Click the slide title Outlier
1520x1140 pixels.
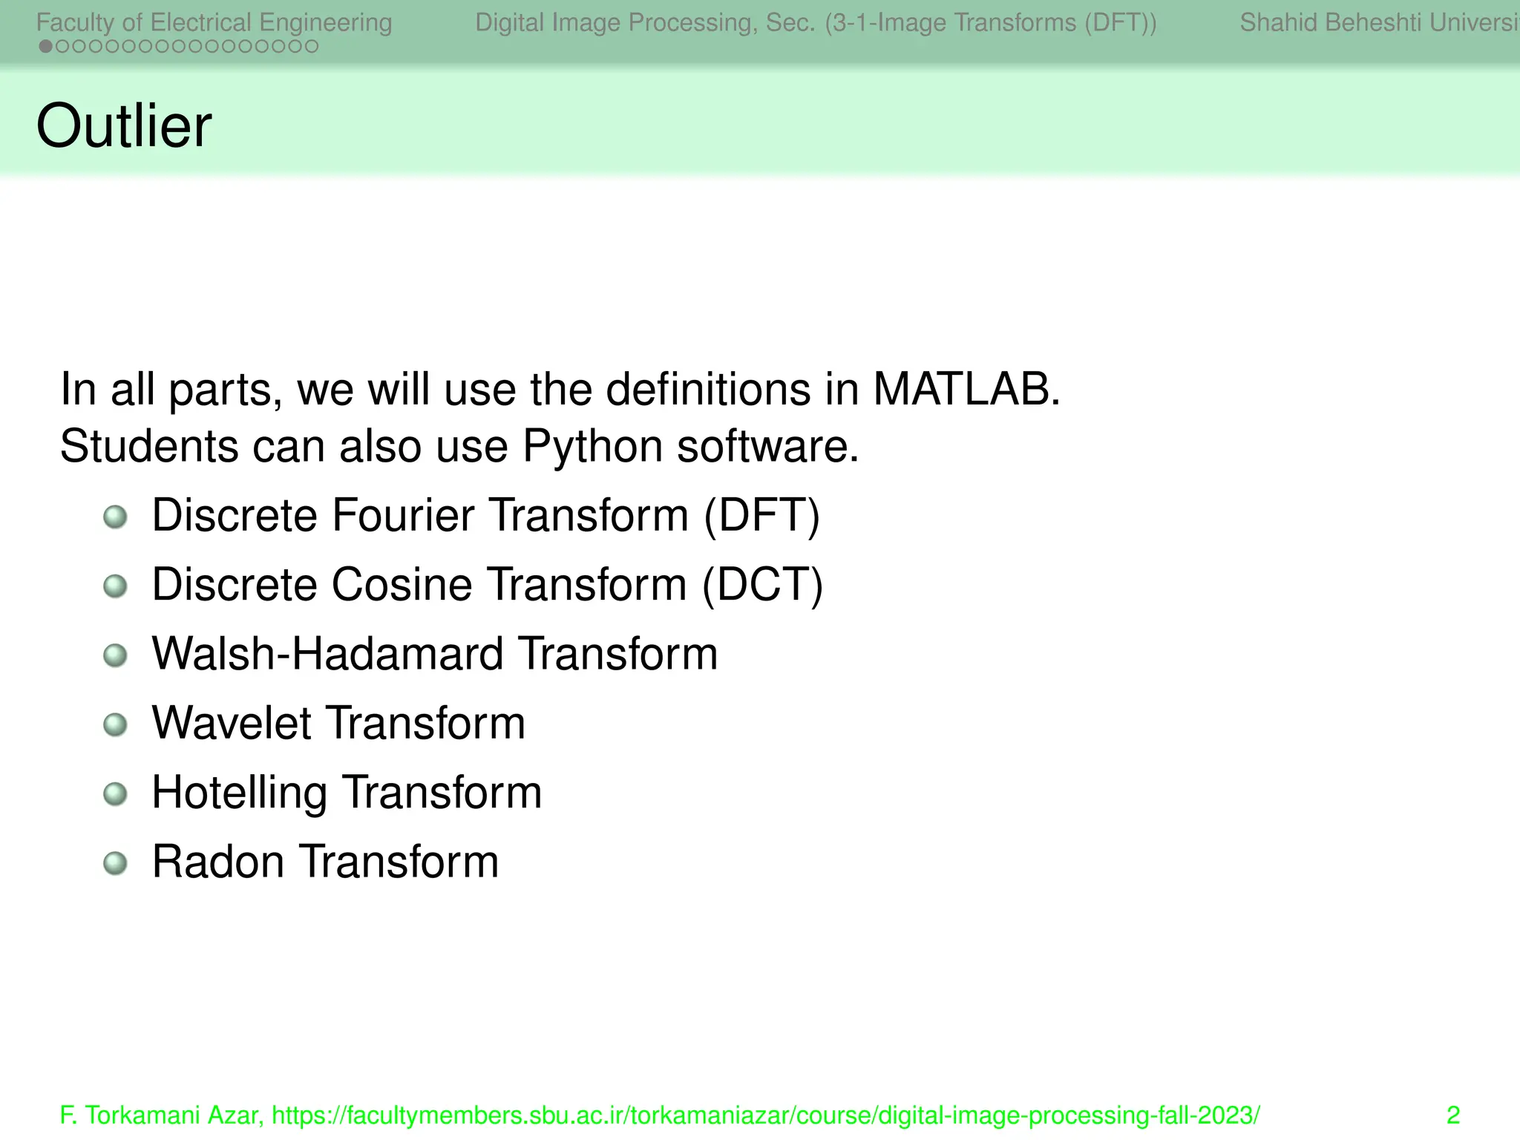coord(124,126)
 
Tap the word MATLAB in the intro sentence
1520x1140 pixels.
coord(966,389)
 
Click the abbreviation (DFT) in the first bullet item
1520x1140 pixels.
coord(761,515)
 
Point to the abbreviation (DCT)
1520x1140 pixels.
coord(762,585)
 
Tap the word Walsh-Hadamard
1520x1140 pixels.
coord(327,654)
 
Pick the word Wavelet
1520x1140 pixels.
coord(232,723)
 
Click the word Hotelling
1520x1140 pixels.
coord(239,793)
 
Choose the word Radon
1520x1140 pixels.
coord(218,862)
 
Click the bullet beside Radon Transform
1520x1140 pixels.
coord(115,863)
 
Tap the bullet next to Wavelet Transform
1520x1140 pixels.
coord(115,724)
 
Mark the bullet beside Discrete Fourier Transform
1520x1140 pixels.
coord(115,517)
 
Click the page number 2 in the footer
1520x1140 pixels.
coord(1452,1115)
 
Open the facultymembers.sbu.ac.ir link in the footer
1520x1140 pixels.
coord(765,1115)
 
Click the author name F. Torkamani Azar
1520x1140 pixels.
coord(159,1115)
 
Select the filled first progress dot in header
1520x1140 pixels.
coord(45,47)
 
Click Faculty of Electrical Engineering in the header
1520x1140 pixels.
coord(214,22)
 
